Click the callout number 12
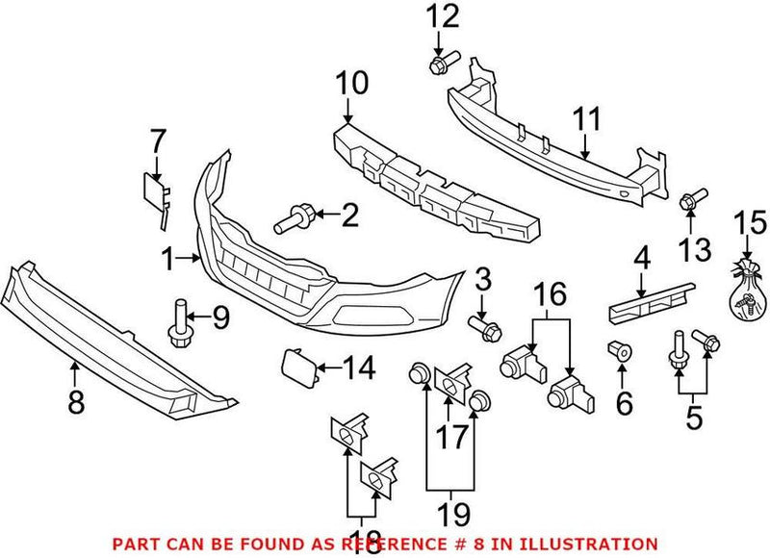444,16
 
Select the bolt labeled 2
292,219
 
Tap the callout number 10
351,84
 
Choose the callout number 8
75,399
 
